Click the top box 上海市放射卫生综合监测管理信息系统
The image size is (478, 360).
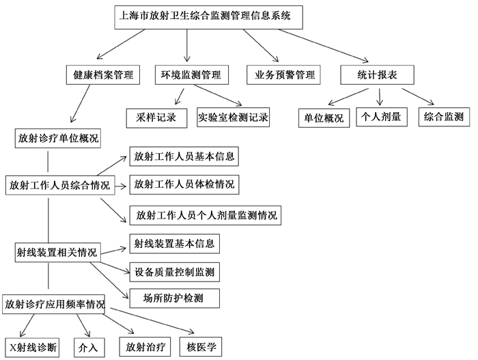208,17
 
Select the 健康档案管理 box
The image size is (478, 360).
103,74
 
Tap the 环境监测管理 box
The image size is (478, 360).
191,74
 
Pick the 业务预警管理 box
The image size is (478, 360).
283,74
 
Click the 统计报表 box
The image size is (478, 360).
377,74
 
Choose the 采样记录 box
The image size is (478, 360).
156,118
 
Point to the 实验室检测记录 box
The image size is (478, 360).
234,117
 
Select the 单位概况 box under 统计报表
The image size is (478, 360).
324,118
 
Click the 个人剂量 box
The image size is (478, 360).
382,117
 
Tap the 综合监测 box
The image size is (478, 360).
444,117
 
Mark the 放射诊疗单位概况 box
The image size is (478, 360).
58,139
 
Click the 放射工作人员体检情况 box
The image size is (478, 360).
184,184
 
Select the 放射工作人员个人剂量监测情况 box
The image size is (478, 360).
205,216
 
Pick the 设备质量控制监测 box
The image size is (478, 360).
174,272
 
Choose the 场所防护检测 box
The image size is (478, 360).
174,299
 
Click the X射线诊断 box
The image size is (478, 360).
32,348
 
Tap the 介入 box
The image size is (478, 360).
89,348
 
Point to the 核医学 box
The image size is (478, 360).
201,347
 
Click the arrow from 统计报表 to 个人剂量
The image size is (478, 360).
380,97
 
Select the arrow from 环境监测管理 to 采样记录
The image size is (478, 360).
180,97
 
